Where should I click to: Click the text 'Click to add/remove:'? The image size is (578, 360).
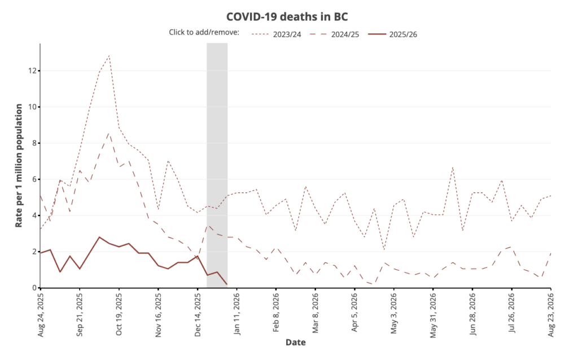tap(204, 32)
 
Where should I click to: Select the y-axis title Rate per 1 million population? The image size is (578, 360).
tap(19, 165)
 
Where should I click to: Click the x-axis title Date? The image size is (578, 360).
tap(296, 342)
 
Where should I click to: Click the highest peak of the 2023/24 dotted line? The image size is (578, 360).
tap(109, 55)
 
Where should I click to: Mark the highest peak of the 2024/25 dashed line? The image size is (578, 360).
tap(109, 133)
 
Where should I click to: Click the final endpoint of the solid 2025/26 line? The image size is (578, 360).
tap(227, 284)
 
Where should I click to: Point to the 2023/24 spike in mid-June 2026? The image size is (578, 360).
tap(453, 167)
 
